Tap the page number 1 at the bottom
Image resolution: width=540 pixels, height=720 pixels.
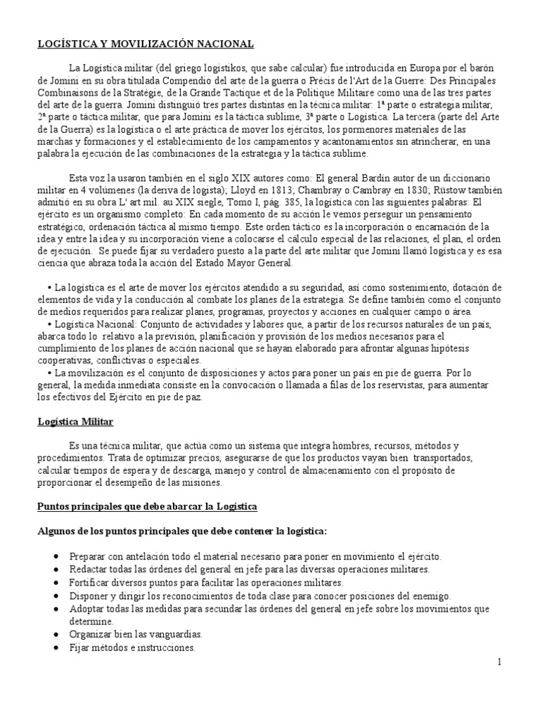499,662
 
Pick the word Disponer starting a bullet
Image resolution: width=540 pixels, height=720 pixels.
89,596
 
